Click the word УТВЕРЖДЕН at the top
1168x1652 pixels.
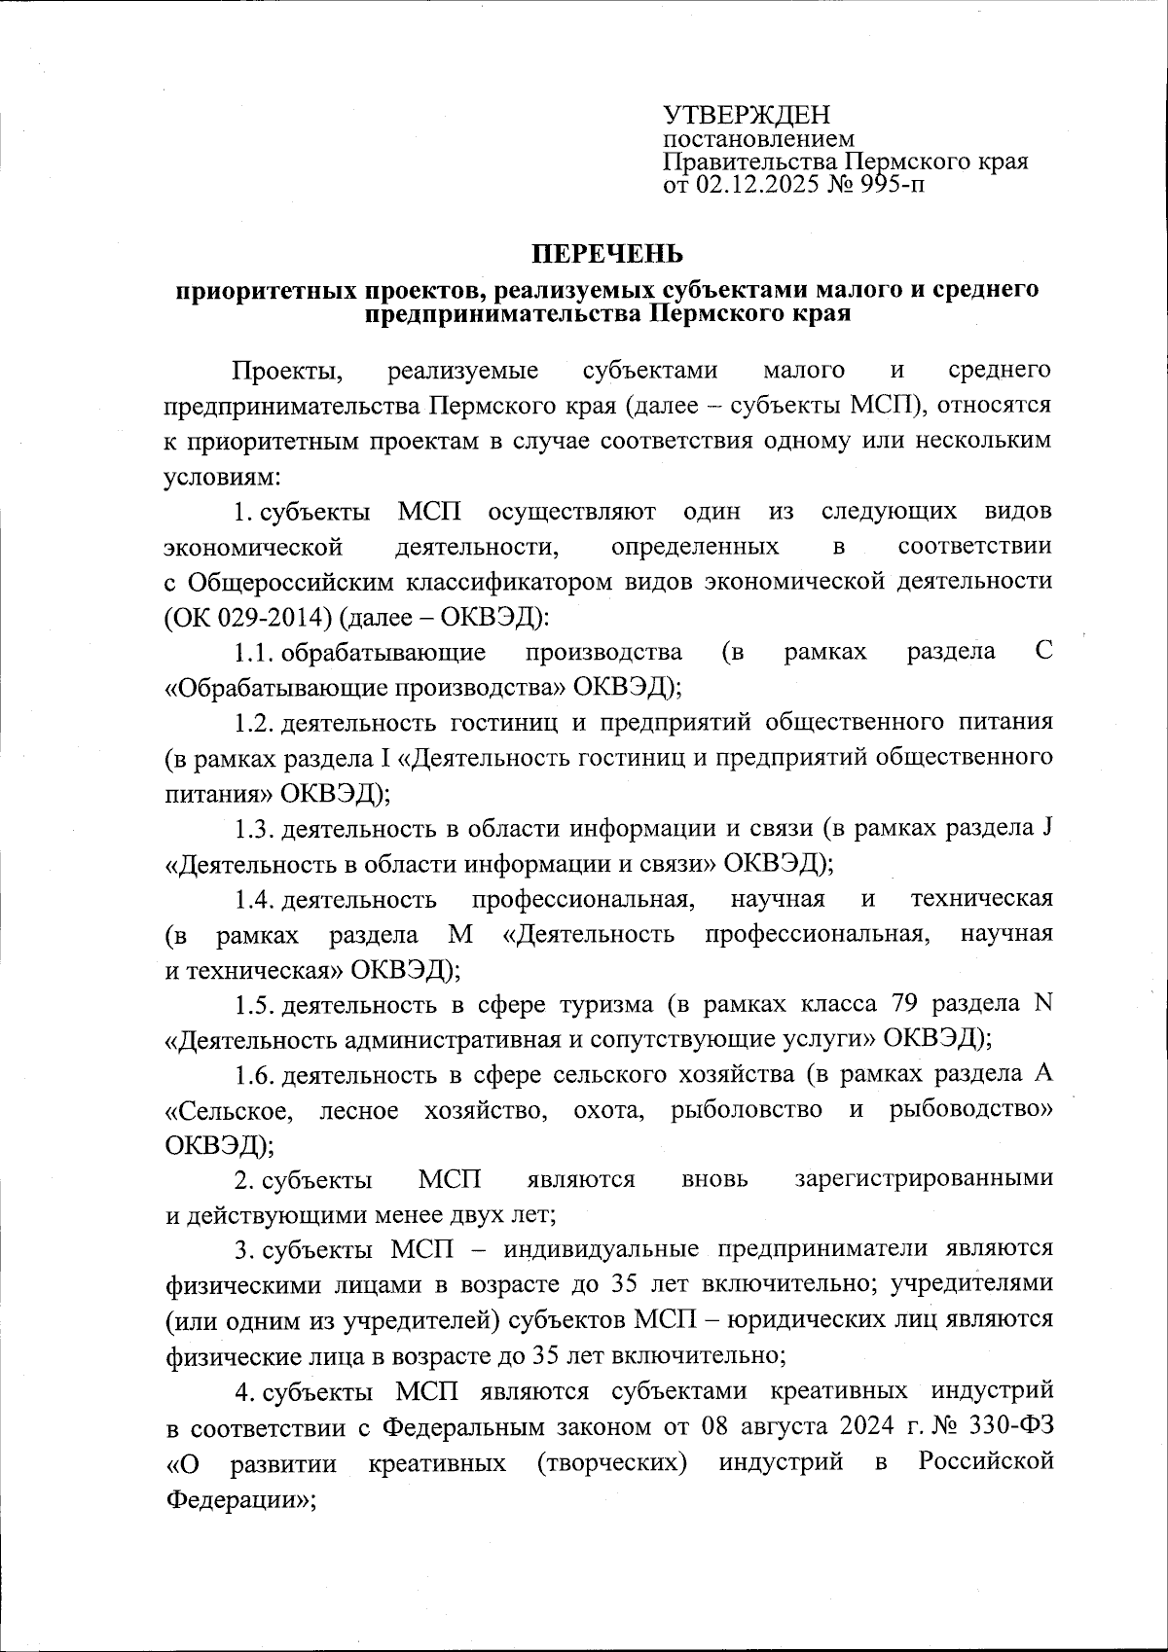[747, 115]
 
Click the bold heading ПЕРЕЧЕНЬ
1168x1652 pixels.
[606, 254]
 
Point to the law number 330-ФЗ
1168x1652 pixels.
[1013, 1427]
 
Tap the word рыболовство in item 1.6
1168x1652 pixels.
[746, 1110]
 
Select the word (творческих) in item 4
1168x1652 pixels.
[611, 1463]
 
